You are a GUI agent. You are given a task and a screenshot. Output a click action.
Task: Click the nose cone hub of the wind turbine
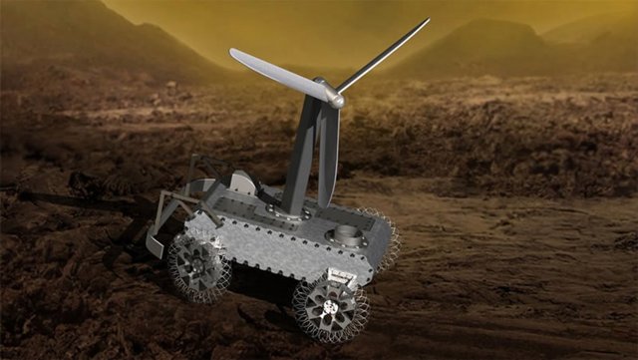click(x=338, y=100)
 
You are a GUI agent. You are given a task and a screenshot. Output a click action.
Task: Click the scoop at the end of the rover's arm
click(x=157, y=242)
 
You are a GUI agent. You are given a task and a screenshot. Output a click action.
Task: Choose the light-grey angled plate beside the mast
click(x=242, y=183)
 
